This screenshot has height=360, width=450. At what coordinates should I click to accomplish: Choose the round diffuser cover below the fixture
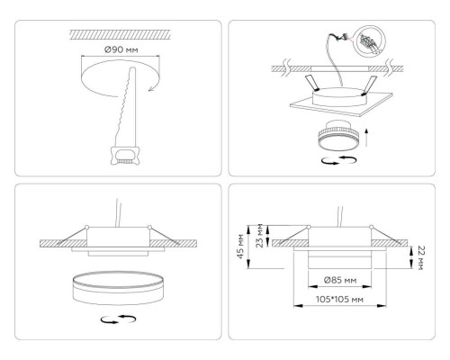pyautogui.click(x=109, y=292)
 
